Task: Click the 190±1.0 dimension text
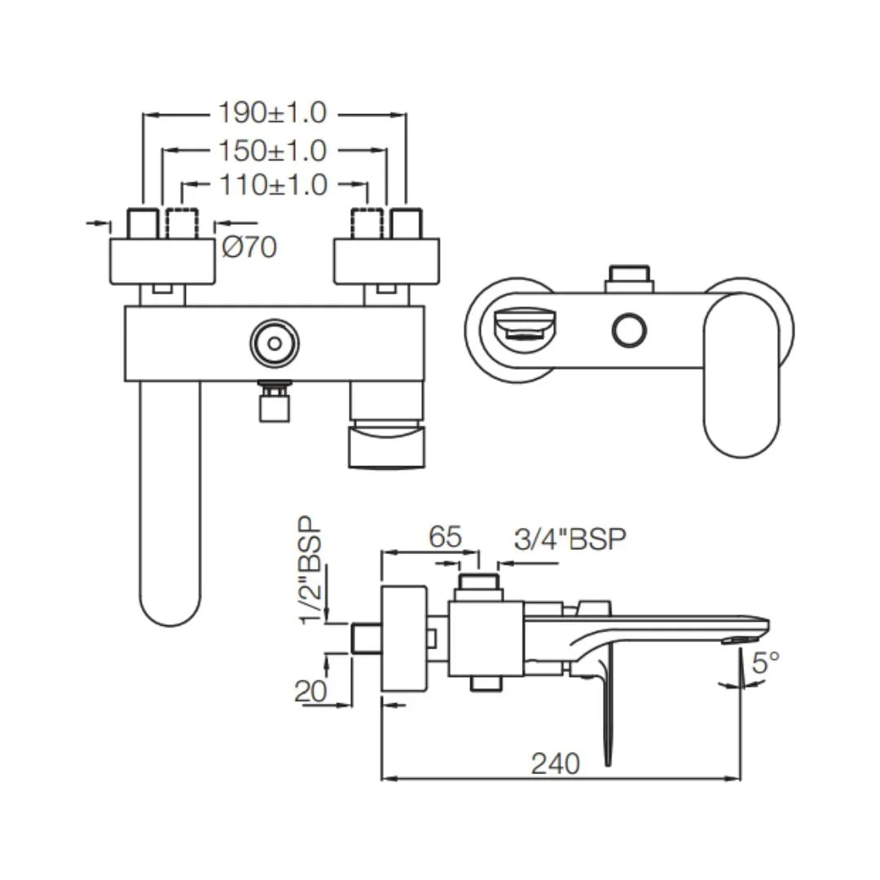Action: [271, 112]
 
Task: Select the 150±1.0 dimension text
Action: [271, 150]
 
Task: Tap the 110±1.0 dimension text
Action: [272, 186]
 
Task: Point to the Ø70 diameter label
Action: [249, 247]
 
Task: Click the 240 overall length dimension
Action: [556, 763]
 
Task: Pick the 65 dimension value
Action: [445, 537]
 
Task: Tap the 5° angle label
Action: [765, 662]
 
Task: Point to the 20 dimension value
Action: [310, 690]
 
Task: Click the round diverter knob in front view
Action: [273, 342]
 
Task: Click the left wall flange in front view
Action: [161, 261]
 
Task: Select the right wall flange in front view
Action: [386, 261]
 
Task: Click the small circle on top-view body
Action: [628, 330]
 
